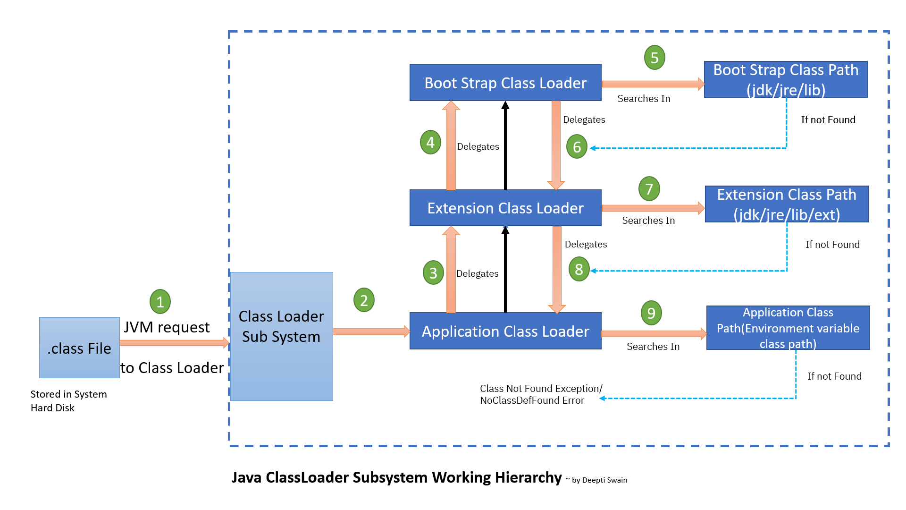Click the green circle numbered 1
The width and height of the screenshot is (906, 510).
coord(160,302)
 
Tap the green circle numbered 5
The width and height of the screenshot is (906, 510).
coord(654,58)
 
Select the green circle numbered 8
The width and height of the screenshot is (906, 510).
coord(579,269)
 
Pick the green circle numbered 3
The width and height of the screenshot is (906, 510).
coord(433,272)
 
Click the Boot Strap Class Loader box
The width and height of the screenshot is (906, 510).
coord(505,83)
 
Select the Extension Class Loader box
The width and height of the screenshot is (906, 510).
coord(505,208)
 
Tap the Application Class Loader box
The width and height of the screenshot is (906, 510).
coord(505,331)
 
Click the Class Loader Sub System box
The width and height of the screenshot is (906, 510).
coord(282,336)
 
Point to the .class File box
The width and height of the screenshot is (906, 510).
coord(79,348)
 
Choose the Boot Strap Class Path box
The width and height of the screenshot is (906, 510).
coord(786,79)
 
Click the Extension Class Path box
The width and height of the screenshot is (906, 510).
coord(787,204)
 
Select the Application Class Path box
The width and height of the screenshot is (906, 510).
coord(788,328)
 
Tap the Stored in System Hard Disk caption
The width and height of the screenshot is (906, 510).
coord(68,401)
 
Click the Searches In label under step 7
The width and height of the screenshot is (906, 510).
coord(648,221)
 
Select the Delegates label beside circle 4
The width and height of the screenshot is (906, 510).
coord(478,147)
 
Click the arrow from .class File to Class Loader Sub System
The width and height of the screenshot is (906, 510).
coord(175,343)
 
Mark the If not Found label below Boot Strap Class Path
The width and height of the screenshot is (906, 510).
coord(828,120)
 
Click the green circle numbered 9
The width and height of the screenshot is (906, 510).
coord(651,313)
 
